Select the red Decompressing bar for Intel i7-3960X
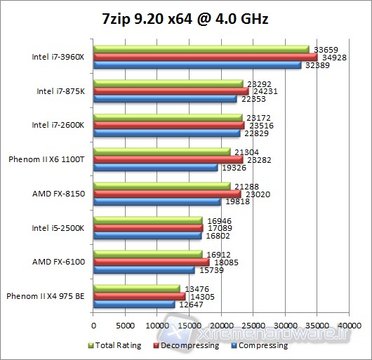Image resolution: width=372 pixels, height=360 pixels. click(205, 57)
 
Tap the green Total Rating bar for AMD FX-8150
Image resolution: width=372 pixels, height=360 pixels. click(161, 186)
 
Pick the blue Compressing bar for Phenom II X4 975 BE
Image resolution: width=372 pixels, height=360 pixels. click(133, 305)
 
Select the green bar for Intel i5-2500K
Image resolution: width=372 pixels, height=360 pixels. click(147, 220)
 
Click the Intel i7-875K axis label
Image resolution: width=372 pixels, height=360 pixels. click(60, 91)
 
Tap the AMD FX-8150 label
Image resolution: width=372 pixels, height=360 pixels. click(59, 194)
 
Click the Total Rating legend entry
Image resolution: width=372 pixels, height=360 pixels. click(117, 345)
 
